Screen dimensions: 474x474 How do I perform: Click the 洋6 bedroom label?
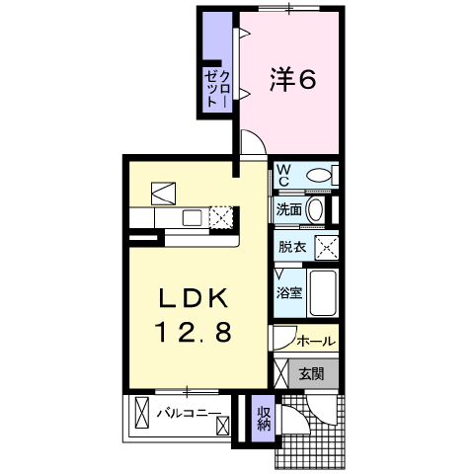click(293, 79)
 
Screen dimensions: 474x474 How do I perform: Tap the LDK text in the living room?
click(194, 298)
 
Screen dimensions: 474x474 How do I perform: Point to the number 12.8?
click(195, 332)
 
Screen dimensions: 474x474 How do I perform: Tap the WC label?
click(283, 176)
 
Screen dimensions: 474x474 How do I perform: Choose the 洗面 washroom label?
click(289, 209)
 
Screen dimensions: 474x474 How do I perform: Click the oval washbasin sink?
click(315, 209)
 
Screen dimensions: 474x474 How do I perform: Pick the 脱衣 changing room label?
click(292, 247)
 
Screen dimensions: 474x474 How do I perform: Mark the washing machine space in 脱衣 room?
click(327, 247)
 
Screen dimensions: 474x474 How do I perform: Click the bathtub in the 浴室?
click(323, 293)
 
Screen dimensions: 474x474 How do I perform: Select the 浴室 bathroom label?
click(289, 292)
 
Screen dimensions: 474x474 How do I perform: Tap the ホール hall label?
click(316, 341)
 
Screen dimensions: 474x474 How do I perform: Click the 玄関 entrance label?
click(311, 373)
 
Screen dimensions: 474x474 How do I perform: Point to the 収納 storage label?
click(264, 419)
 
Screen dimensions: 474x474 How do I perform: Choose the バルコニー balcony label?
click(189, 413)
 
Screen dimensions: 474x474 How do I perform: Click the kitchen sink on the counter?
click(192, 218)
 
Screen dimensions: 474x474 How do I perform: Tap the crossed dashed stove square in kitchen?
click(221, 217)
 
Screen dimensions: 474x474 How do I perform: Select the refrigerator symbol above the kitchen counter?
click(163, 194)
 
